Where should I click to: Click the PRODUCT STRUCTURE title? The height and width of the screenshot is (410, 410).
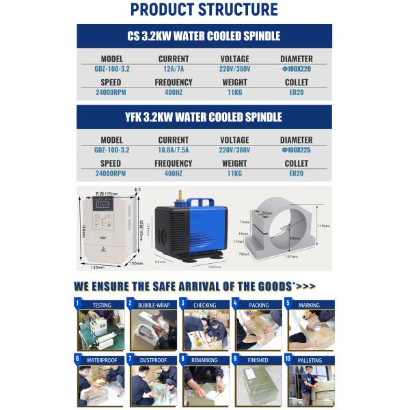tap(204, 10)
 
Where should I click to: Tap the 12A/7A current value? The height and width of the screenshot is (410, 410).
tap(173, 69)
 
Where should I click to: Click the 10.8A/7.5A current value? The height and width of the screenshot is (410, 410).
tap(173, 150)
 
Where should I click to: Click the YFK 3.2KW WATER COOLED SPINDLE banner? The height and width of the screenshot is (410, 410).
tap(204, 117)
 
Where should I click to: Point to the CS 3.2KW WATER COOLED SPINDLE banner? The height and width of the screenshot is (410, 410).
tap(204, 36)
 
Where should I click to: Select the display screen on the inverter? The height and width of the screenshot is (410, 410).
tap(105, 204)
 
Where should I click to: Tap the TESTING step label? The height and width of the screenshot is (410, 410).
tap(102, 305)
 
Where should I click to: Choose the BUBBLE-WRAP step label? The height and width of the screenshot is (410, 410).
tap(154, 305)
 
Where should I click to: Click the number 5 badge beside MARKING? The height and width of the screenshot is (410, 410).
tap(288, 303)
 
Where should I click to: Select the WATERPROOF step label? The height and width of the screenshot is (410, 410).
tap(102, 360)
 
